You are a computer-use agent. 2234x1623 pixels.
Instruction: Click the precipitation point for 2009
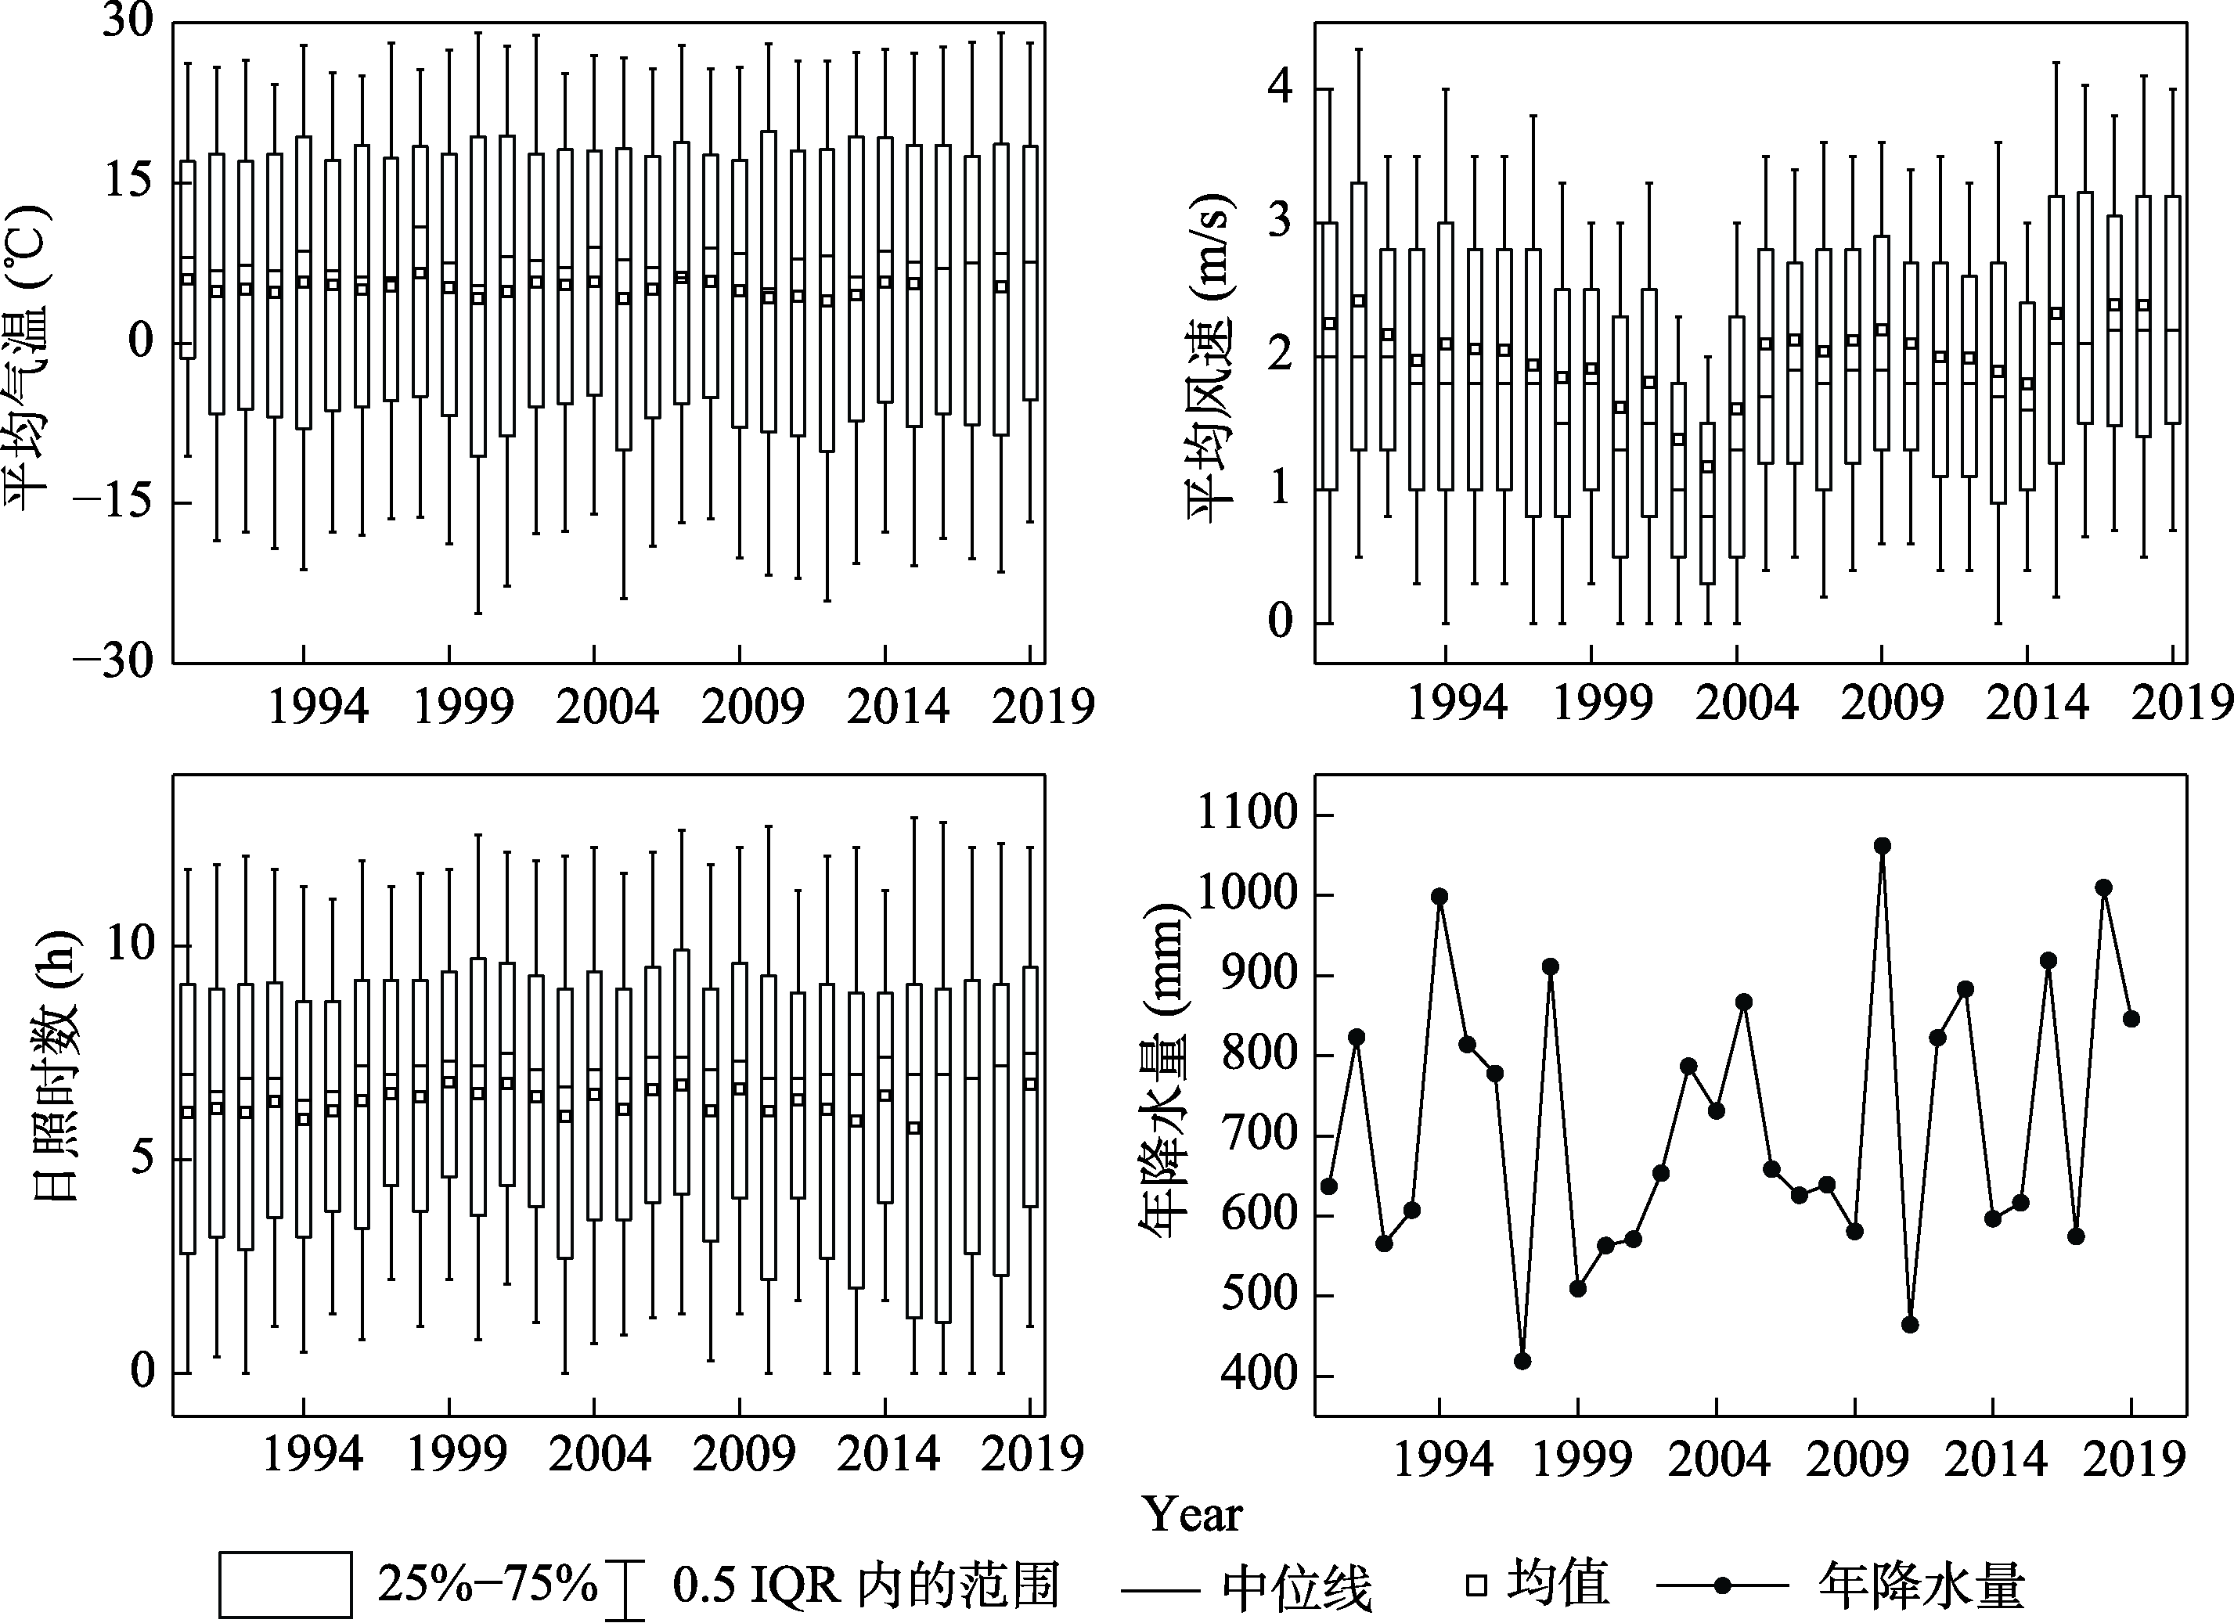[x=1855, y=1231]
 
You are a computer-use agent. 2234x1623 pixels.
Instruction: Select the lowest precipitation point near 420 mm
[x=1522, y=1361]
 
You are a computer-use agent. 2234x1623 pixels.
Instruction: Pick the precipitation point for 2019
[x=2131, y=1018]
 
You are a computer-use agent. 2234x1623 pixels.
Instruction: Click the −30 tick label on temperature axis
[x=114, y=660]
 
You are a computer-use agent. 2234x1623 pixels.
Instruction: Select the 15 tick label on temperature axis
[x=128, y=182]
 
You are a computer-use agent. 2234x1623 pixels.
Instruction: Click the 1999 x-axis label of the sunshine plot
[x=456, y=1455]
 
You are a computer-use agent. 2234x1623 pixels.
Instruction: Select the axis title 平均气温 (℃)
[x=30, y=354]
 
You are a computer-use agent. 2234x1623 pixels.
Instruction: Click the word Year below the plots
[x=1193, y=1513]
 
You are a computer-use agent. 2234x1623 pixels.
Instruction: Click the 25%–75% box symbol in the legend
[x=285, y=1585]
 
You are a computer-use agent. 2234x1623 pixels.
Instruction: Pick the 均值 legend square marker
[x=1476, y=1585]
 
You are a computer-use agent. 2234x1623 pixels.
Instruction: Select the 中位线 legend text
[x=1296, y=1586]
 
